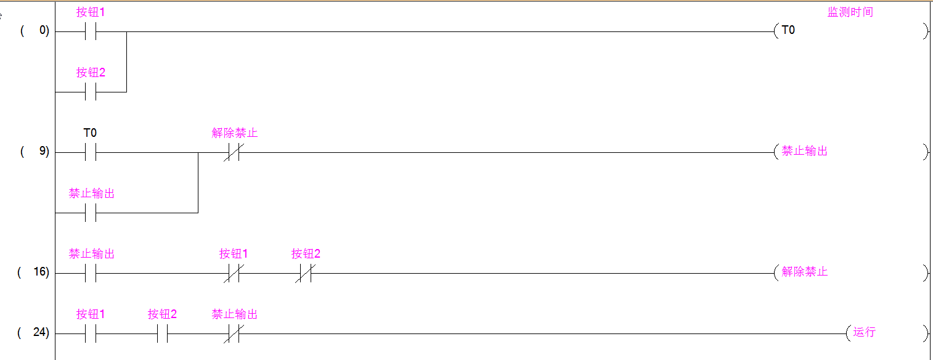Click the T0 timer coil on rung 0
(x=788, y=30)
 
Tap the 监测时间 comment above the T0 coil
(x=850, y=12)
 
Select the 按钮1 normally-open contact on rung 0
(x=91, y=31)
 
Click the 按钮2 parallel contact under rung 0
(x=91, y=91)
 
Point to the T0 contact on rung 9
(x=91, y=152)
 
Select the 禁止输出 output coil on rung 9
(x=804, y=151)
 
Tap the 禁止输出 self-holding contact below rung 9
(x=91, y=212)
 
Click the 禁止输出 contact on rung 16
(x=91, y=272)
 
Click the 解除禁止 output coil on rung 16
(x=804, y=272)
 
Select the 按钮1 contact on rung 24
(x=91, y=333)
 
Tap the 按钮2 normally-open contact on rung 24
(x=162, y=333)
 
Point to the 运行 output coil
(x=864, y=332)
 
